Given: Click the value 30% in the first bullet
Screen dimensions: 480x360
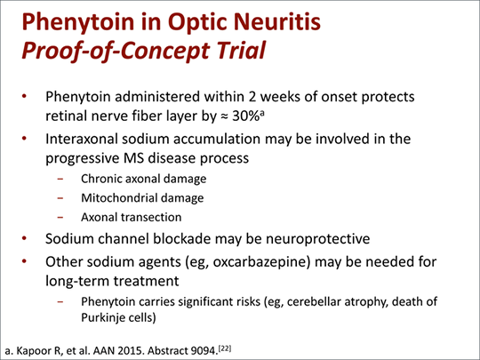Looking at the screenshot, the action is tap(246, 116).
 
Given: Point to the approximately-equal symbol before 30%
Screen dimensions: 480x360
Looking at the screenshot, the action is tap(224, 116).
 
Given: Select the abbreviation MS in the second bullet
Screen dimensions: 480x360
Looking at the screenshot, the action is tap(133, 158).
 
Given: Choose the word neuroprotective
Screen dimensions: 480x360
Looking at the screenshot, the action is tap(317, 239).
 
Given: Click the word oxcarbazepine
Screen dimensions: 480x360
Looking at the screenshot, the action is tap(259, 262).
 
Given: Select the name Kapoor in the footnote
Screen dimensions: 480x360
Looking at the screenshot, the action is tap(31, 351).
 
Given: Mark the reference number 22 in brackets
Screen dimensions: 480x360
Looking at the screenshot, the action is tap(225, 348).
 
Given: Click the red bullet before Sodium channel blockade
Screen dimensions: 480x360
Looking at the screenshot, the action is tap(25, 238).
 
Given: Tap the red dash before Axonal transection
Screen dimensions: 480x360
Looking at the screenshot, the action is tap(60, 218).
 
